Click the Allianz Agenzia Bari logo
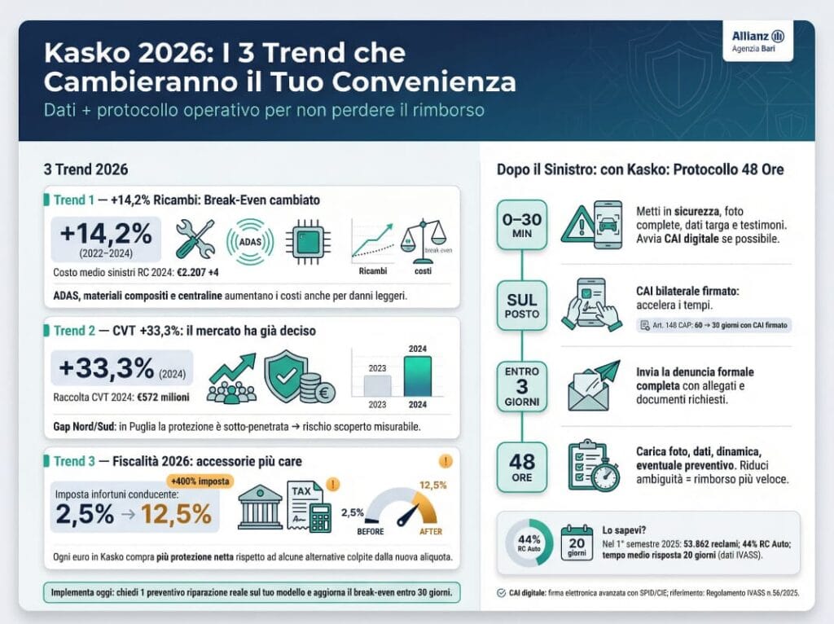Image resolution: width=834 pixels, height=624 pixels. (x=757, y=41)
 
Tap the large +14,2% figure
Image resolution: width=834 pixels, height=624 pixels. (x=107, y=234)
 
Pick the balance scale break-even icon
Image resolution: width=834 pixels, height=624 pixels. (x=424, y=239)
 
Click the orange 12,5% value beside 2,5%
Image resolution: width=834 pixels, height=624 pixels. (x=177, y=514)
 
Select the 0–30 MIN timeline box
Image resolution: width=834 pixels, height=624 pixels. (x=522, y=225)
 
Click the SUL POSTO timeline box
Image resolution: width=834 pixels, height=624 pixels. (x=522, y=305)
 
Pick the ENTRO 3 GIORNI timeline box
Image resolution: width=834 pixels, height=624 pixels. (x=522, y=386)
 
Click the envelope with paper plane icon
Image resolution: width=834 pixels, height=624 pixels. (x=590, y=386)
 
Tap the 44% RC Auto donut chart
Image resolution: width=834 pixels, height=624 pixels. (x=529, y=543)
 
